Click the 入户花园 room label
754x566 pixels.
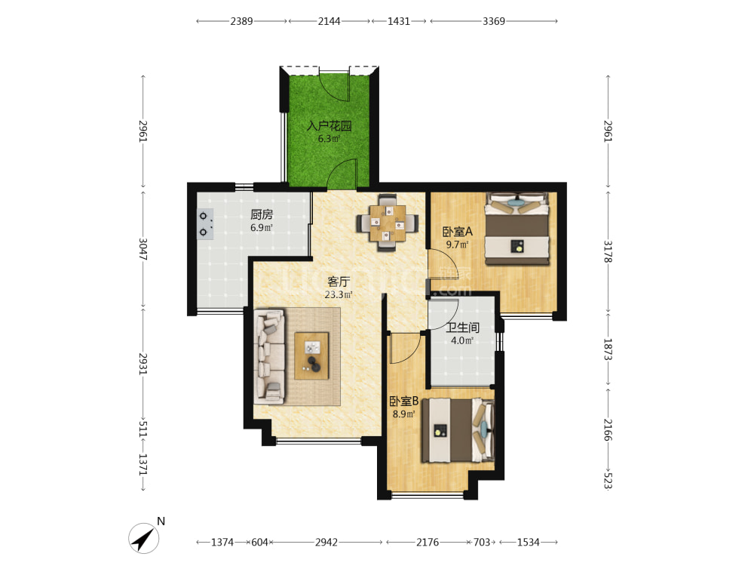(x=329, y=126)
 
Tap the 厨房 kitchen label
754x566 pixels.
(x=262, y=214)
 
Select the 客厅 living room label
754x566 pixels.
(x=339, y=281)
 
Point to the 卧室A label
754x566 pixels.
(x=458, y=232)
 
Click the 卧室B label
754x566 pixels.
(x=404, y=401)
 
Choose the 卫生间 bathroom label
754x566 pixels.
(x=463, y=328)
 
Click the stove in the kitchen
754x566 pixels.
(x=205, y=224)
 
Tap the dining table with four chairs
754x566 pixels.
(x=387, y=223)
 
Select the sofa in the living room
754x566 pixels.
(x=269, y=356)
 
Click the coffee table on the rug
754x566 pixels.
(x=311, y=356)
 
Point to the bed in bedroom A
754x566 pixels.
(x=517, y=229)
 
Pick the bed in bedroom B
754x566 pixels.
(x=458, y=430)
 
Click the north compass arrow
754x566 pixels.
(x=144, y=538)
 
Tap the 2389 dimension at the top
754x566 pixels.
(x=241, y=21)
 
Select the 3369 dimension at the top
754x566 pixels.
(x=494, y=21)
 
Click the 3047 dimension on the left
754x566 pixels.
(x=143, y=249)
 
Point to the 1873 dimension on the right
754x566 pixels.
(x=608, y=350)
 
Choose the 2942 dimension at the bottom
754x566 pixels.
(x=326, y=543)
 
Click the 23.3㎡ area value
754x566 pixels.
(x=339, y=294)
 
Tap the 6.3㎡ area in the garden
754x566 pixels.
(x=329, y=139)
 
